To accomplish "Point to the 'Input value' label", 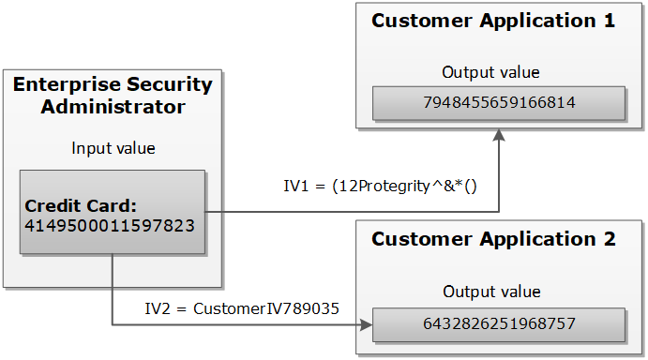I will coord(113,148).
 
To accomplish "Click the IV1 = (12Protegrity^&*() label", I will coord(381,186).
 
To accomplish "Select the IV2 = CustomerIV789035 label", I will coord(241,307).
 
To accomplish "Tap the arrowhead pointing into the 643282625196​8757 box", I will coord(366,325).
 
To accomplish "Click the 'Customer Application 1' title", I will coord(493,21).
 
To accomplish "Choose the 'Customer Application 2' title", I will coord(493,239).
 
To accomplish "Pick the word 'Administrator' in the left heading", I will coord(113,107).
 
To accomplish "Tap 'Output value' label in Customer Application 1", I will coord(490,72).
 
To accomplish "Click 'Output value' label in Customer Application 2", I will coord(490,292).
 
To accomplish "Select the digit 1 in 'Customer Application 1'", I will coord(609,21).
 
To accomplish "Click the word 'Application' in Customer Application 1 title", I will coord(530,21).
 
